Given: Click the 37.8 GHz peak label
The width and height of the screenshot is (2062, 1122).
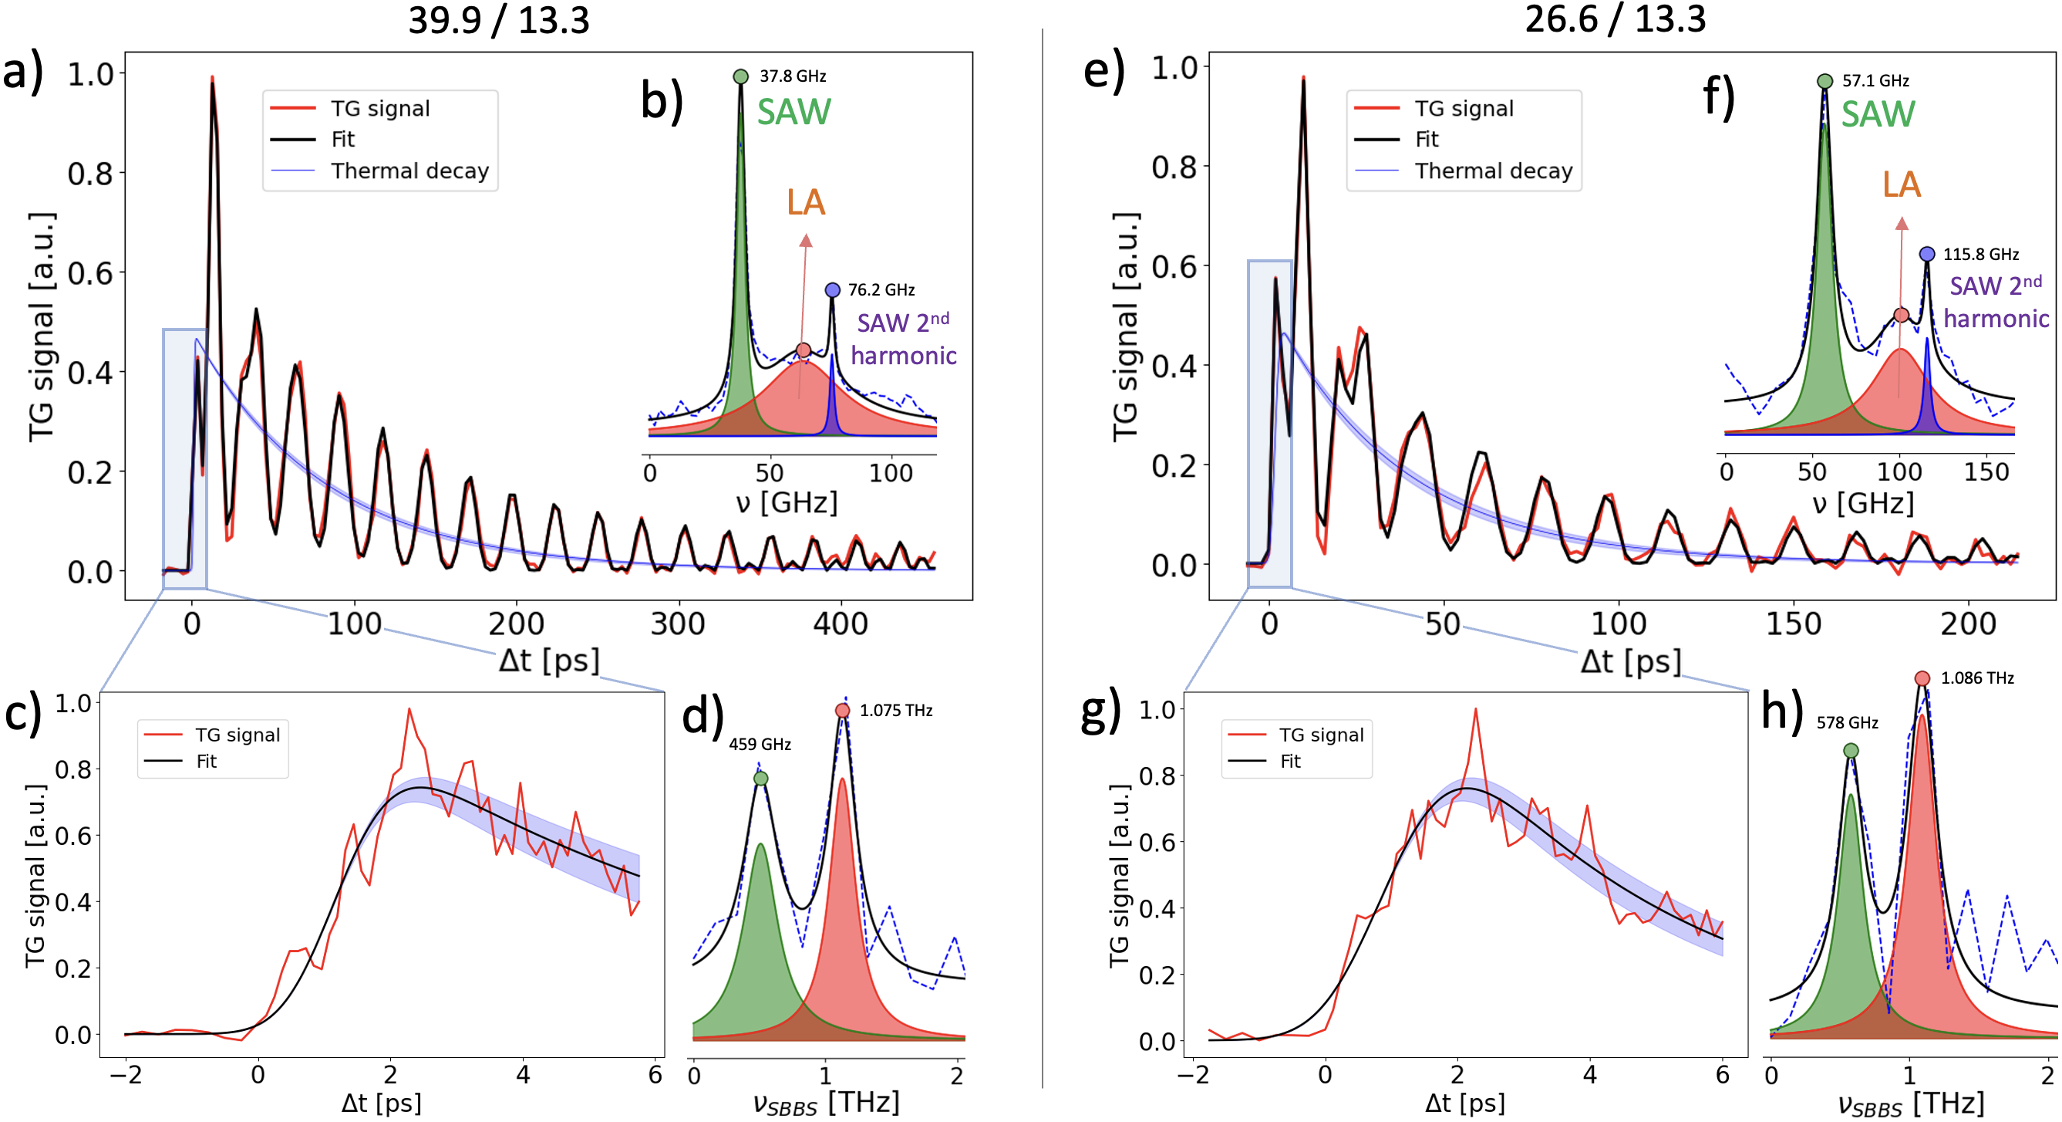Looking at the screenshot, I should tap(793, 76).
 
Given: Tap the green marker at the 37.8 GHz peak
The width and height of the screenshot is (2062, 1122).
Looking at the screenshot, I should tap(740, 77).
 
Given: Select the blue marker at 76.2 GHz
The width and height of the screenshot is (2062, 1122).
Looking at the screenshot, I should tap(833, 290).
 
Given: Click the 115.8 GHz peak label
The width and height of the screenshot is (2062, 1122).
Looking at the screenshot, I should tap(1980, 255).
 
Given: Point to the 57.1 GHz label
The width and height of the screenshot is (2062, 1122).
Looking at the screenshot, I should tap(1875, 81).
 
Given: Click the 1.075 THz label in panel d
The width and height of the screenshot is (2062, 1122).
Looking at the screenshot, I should tap(896, 711).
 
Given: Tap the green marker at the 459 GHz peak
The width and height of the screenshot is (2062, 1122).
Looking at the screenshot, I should tap(760, 779).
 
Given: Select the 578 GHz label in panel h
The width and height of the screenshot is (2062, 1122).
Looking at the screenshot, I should tap(1847, 723).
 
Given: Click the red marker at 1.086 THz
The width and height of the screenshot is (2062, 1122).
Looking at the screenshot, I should tap(1922, 679).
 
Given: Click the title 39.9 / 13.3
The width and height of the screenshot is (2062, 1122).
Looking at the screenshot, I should tap(499, 20).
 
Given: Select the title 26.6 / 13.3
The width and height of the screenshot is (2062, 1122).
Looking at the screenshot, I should tap(1615, 19).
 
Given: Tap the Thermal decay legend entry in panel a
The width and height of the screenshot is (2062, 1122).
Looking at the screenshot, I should tap(409, 171).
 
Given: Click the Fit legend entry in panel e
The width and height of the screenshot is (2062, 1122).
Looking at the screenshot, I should tap(1427, 140).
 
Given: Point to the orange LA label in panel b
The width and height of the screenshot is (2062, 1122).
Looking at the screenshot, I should tap(805, 203).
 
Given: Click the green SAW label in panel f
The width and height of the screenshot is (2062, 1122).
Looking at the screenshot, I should tap(1877, 114).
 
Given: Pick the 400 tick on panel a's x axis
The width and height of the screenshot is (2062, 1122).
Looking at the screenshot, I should tap(840, 624).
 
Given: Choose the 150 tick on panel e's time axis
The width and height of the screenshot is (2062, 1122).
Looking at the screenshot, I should tap(1793, 624).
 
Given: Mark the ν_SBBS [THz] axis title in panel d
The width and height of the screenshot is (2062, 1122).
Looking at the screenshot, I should tap(825, 1103).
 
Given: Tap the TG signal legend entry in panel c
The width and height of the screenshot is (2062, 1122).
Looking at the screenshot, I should tap(237, 735).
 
